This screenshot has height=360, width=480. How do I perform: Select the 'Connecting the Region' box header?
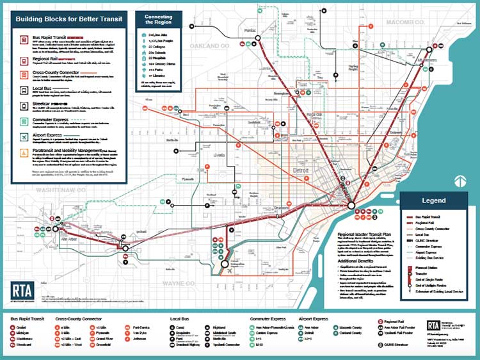point(158,17)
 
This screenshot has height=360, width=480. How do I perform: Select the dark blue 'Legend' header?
point(433,200)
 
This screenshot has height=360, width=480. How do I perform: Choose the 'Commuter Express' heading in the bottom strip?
point(266,318)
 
